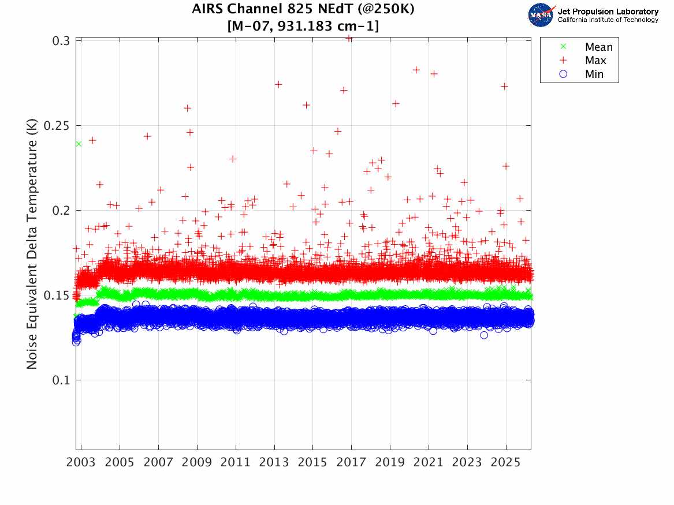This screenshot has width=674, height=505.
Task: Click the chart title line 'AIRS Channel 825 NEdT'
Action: pyautogui.click(x=303, y=10)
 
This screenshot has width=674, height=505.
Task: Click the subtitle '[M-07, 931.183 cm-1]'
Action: pyautogui.click(x=303, y=26)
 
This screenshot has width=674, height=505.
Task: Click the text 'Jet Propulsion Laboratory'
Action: pyautogui.click(x=608, y=11)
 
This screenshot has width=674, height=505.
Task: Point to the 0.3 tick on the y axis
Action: pyautogui.click(x=62, y=41)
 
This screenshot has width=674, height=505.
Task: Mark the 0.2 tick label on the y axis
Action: pyautogui.click(x=62, y=211)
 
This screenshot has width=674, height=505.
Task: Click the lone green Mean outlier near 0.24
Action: pyautogui.click(x=79, y=144)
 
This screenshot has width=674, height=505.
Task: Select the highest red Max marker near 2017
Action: pyautogui.click(x=349, y=38)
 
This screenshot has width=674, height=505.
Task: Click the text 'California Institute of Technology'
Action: pyautogui.click(x=608, y=20)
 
